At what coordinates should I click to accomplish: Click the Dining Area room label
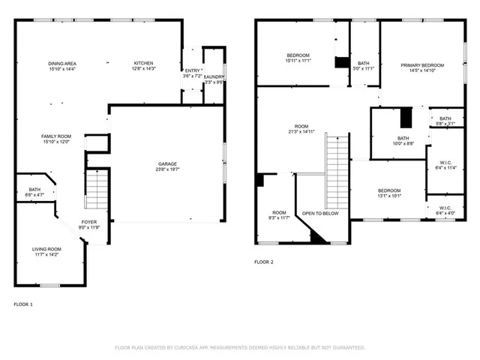coord(61,63)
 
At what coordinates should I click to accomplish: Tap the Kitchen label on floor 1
coord(143,63)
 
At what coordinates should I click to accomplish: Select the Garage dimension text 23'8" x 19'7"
coord(167,169)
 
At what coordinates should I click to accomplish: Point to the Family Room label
coord(56,136)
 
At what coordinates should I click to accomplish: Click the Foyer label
coord(89,222)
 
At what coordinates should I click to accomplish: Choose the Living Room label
coord(46,249)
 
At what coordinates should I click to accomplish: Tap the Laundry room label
coord(214,76)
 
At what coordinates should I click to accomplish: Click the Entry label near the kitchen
coord(193,71)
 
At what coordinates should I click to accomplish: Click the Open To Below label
coord(320,213)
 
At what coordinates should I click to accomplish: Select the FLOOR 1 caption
coord(23,304)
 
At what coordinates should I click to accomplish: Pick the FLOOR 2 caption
coord(263,262)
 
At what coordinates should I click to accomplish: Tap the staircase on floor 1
coord(96,190)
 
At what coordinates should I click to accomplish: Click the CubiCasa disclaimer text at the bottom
coord(239,347)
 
